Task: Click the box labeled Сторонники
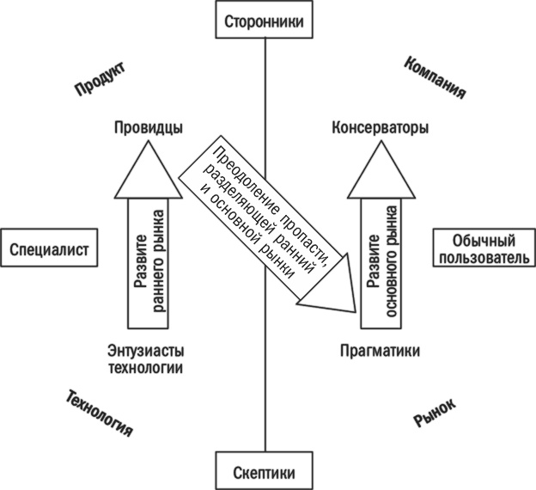pos(265,19)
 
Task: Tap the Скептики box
pos(265,472)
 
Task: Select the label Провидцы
pos(148,128)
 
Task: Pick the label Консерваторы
pos(380,128)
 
